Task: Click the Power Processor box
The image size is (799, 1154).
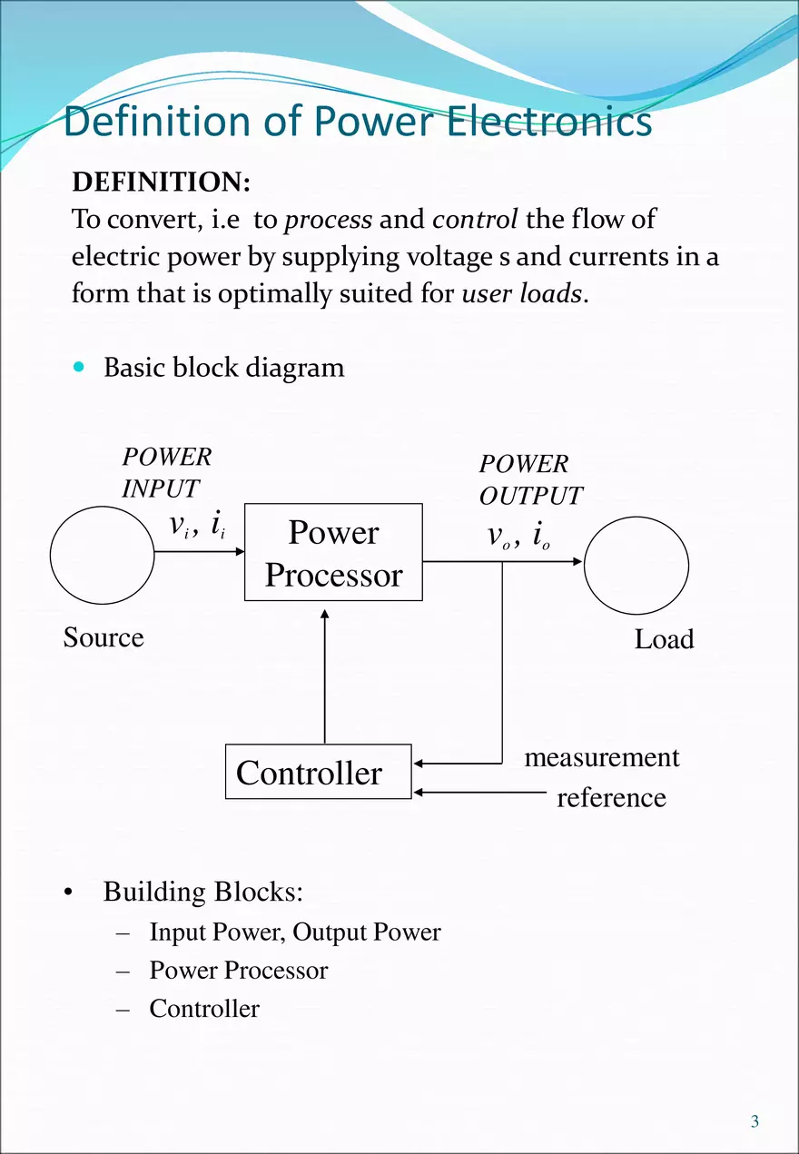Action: (x=333, y=552)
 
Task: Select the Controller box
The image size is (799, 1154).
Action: (x=318, y=773)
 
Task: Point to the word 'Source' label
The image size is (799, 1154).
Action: (x=104, y=637)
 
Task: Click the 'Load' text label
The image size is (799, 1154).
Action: (x=664, y=639)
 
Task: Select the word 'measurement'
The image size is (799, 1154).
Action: (x=601, y=757)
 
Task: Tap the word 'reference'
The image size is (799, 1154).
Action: (x=611, y=798)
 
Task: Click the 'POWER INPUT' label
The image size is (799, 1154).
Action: (x=166, y=472)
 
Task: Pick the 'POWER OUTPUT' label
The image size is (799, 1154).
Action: (x=530, y=479)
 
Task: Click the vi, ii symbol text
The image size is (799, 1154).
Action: (x=197, y=525)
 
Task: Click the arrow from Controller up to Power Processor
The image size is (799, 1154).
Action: (x=325, y=676)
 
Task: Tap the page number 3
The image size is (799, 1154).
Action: (x=755, y=1122)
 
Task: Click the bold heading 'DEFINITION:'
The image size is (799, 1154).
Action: (x=161, y=182)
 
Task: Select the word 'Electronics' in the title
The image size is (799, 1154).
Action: (x=548, y=122)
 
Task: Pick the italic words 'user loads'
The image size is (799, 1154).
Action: (x=521, y=294)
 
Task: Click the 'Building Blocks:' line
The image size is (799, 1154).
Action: (x=202, y=892)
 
